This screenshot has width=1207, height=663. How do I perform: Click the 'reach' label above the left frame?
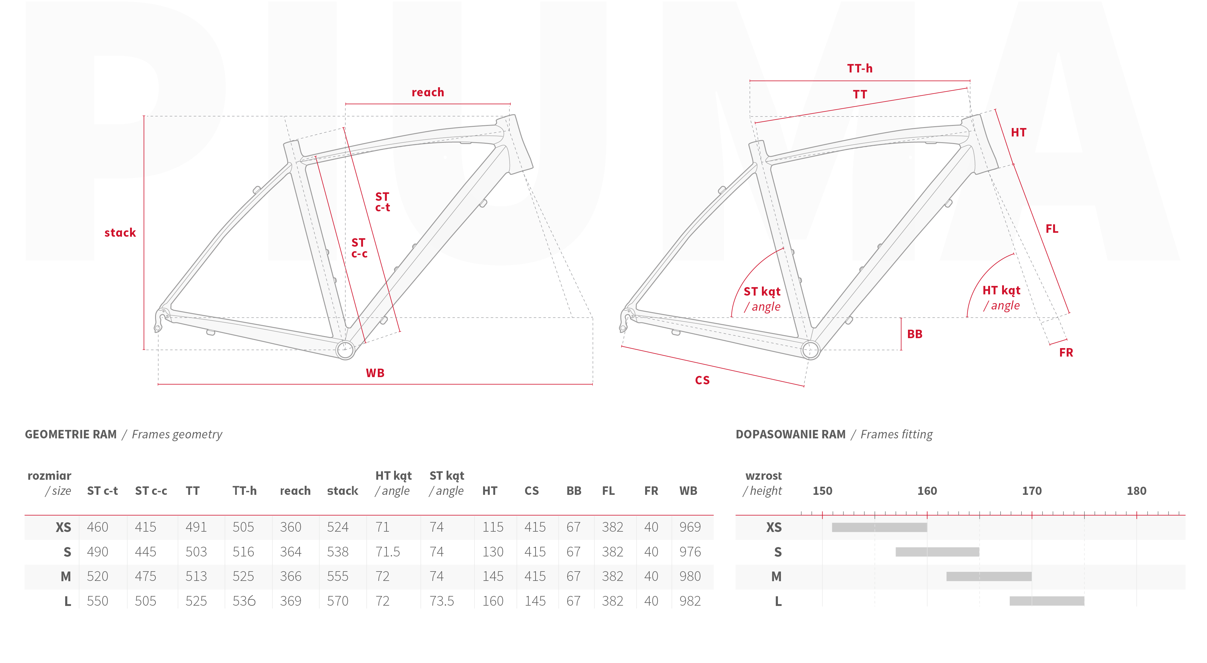(427, 92)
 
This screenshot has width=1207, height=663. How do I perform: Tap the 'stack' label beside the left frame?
(120, 232)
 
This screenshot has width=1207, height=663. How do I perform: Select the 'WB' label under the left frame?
(375, 373)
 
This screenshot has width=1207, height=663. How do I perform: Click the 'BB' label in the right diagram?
(914, 334)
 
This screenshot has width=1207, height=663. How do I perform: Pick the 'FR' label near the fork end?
(1066, 353)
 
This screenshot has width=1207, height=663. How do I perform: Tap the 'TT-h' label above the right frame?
(859, 69)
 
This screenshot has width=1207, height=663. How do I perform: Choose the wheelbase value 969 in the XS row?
(690, 527)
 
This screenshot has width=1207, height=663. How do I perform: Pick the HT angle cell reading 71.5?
(387, 552)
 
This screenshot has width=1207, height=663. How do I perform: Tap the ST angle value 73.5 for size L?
(441, 601)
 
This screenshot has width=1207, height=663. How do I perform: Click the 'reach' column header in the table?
(295, 491)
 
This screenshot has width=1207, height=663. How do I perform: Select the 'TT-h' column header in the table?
(245, 491)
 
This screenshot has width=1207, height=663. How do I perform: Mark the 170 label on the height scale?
(1032, 491)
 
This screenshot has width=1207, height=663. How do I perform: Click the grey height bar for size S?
(937, 552)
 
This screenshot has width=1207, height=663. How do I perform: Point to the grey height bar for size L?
(1047, 601)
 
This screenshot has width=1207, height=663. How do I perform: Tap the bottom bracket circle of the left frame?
(345, 349)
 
